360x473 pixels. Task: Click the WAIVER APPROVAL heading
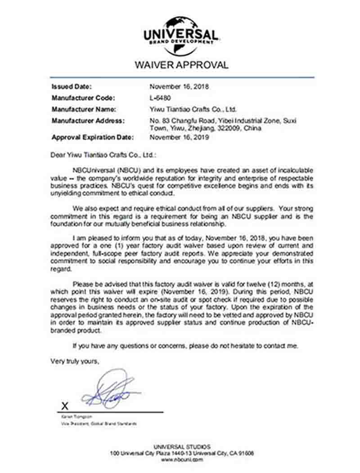click(x=181, y=65)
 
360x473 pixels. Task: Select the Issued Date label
click(x=72, y=87)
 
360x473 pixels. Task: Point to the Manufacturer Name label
click(x=84, y=109)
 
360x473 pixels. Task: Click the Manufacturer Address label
click(x=88, y=120)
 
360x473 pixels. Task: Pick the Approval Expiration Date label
click(x=92, y=137)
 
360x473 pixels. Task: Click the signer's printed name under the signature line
click(x=72, y=417)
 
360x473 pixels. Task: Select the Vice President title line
click(x=99, y=424)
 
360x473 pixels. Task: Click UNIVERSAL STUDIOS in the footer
click(x=181, y=446)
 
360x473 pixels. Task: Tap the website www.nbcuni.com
click(x=181, y=460)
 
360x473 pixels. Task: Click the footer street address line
click(x=181, y=453)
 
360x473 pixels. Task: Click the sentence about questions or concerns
click(x=185, y=346)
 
